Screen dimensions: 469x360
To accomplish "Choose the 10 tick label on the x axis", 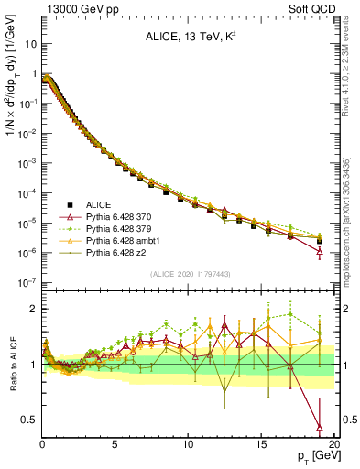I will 188,445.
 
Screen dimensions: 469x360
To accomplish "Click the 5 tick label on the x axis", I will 115,445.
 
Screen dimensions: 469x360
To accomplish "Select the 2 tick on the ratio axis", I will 33,309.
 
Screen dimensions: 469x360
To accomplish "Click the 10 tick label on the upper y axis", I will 29,43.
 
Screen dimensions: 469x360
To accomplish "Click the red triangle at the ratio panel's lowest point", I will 319,427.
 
